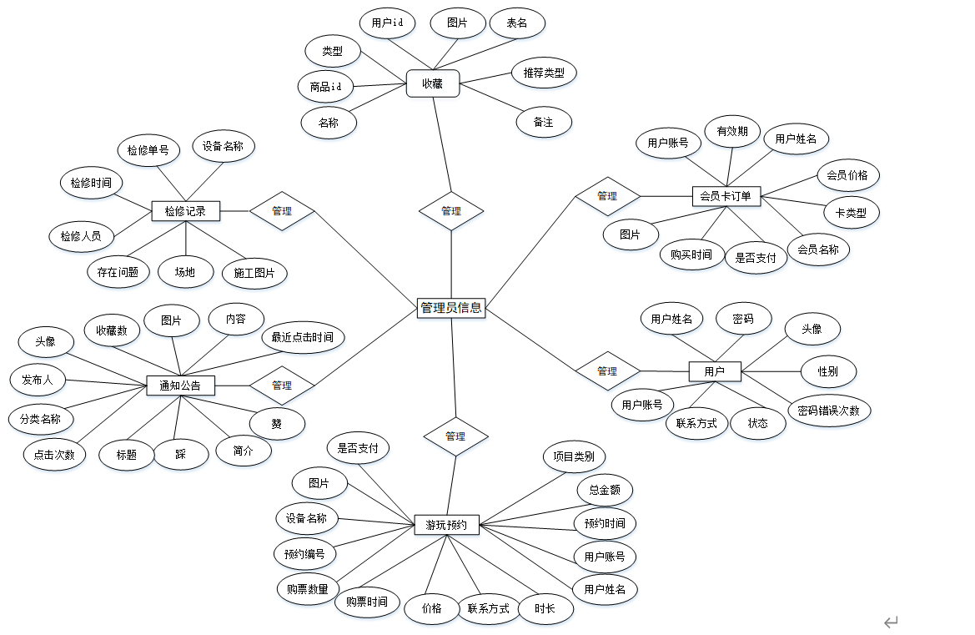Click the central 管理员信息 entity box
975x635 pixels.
[x=450, y=307]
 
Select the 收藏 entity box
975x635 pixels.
[x=432, y=83]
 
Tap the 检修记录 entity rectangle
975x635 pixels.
[x=185, y=211]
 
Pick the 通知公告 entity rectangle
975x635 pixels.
[x=180, y=386]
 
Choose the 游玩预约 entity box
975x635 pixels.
[x=447, y=526]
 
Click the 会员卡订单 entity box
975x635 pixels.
[x=726, y=197]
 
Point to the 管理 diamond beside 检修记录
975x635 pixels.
[x=282, y=211]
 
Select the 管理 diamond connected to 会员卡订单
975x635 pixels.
[x=607, y=196]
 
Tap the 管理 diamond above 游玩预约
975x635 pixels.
[x=455, y=436]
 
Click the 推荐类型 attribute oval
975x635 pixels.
[x=544, y=73]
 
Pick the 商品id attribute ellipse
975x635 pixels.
[x=325, y=86]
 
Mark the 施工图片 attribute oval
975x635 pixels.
[x=254, y=273]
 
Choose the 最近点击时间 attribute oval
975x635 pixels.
[x=302, y=337]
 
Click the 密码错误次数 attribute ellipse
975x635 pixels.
[x=828, y=411]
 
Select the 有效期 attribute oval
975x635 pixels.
[x=732, y=131]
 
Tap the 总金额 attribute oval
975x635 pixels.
[x=605, y=490]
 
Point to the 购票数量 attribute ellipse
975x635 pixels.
[x=308, y=589]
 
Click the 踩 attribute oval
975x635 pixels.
[x=181, y=455]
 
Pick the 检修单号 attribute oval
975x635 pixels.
[x=148, y=150]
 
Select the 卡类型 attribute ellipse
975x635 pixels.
[x=851, y=212]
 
